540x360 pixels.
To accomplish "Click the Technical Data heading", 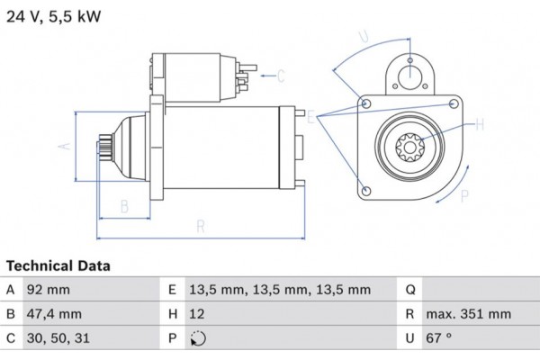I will pos(58,266).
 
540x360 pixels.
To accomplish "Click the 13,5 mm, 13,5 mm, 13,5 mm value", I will pos(280,290).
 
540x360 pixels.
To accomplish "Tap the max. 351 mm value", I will pos(468,315).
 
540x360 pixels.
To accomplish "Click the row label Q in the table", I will pos(409,290).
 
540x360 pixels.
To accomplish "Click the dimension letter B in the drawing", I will pos(125,206).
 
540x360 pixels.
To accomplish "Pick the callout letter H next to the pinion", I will pos(480,124).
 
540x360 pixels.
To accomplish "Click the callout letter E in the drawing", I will pos(310,116).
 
